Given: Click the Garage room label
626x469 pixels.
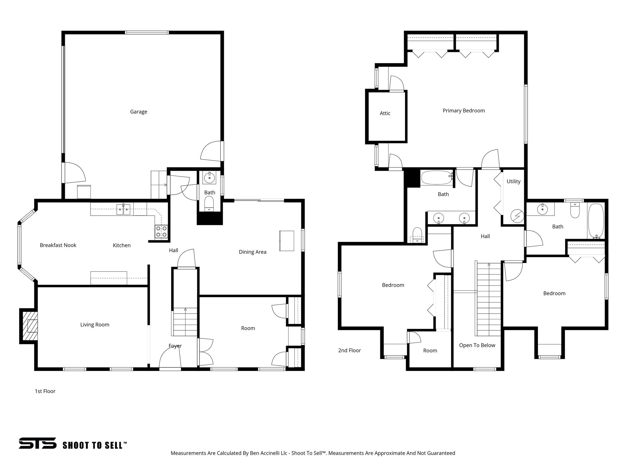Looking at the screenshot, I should click(x=138, y=112).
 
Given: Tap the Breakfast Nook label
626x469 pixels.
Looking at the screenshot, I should click(x=58, y=245).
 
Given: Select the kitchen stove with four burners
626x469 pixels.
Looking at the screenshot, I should click(x=161, y=231).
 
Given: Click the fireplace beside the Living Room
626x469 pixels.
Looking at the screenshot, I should click(x=29, y=326).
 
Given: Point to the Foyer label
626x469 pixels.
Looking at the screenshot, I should click(x=175, y=346).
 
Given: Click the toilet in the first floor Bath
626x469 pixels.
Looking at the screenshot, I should click(x=209, y=203).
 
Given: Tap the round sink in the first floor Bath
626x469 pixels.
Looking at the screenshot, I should click(x=209, y=177).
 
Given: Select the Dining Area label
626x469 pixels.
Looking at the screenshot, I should click(x=252, y=252).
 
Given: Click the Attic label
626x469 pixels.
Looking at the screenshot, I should click(x=385, y=113).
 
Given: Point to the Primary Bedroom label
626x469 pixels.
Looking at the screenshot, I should click(x=464, y=111).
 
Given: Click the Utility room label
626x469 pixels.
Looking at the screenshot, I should click(x=513, y=181).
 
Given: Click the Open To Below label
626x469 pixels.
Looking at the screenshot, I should click(x=477, y=345).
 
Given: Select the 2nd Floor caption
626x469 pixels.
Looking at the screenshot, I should click(x=349, y=351).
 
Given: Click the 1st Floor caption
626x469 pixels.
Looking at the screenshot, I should click(x=45, y=391).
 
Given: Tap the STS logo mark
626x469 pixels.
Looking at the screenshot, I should click(x=38, y=443).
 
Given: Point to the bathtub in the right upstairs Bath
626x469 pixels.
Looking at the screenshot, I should click(x=596, y=221).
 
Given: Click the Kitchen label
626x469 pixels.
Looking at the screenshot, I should click(x=122, y=245).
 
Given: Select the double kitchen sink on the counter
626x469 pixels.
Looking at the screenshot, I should click(x=123, y=210).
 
